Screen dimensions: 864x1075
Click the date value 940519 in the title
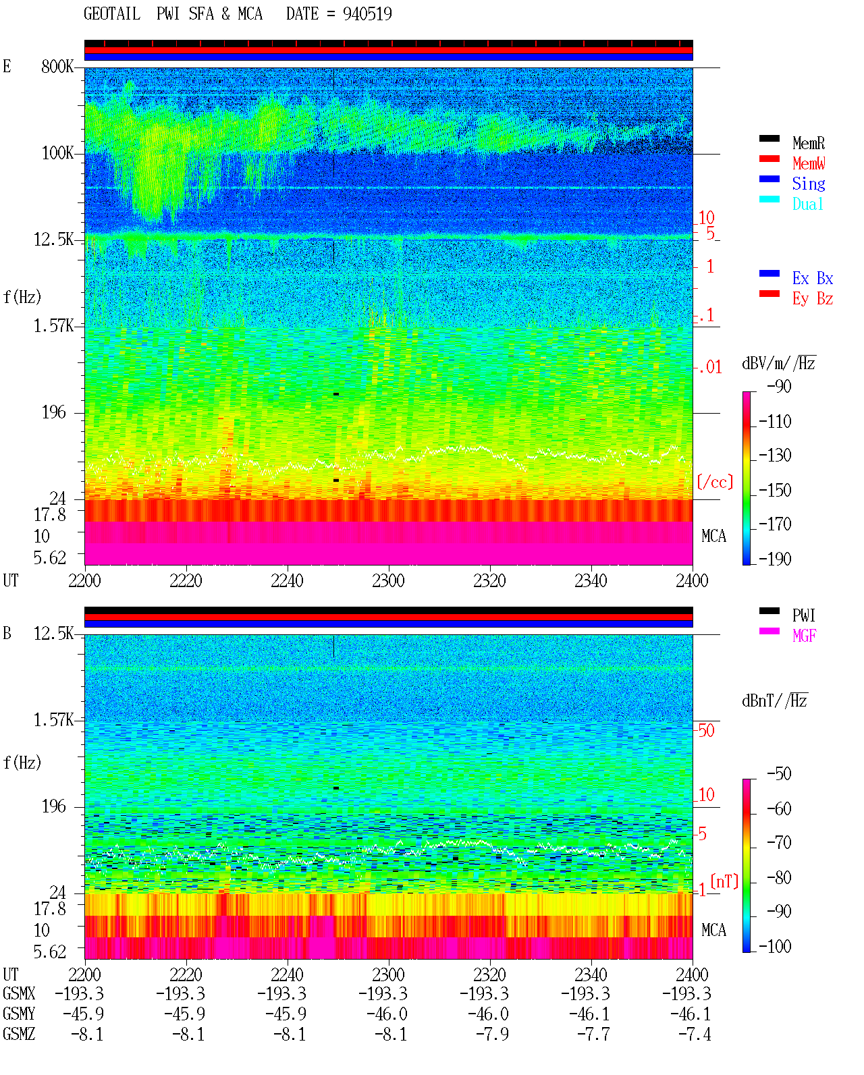(367, 14)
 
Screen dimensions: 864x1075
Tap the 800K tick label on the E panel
(57, 66)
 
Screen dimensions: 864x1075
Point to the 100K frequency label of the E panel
(57, 153)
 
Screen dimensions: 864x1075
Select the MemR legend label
(809, 143)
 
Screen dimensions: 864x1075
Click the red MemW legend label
(809, 163)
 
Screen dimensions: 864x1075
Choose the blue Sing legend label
(809, 184)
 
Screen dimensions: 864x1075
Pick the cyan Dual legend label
(808, 204)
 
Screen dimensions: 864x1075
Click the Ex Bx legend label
(813, 278)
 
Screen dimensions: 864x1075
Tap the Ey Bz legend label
(813, 299)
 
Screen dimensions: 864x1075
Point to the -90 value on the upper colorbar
(779, 386)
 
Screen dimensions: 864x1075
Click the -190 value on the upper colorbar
(775, 559)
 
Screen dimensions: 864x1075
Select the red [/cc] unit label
(715, 482)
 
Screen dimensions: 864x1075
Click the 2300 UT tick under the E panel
(388, 580)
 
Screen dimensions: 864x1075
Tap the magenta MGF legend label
(804, 636)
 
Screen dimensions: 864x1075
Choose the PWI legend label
(803, 615)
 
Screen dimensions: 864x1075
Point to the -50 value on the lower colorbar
(779, 774)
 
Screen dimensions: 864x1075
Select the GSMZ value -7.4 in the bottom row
(695, 1034)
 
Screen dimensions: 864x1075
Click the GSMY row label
(19, 1014)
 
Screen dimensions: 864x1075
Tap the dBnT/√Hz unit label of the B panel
(775, 700)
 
